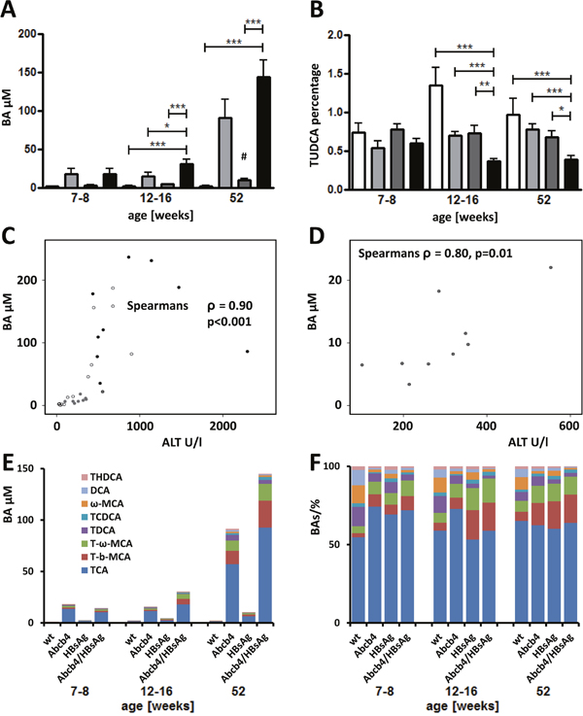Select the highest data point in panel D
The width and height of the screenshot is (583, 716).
click(x=550, y=268)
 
